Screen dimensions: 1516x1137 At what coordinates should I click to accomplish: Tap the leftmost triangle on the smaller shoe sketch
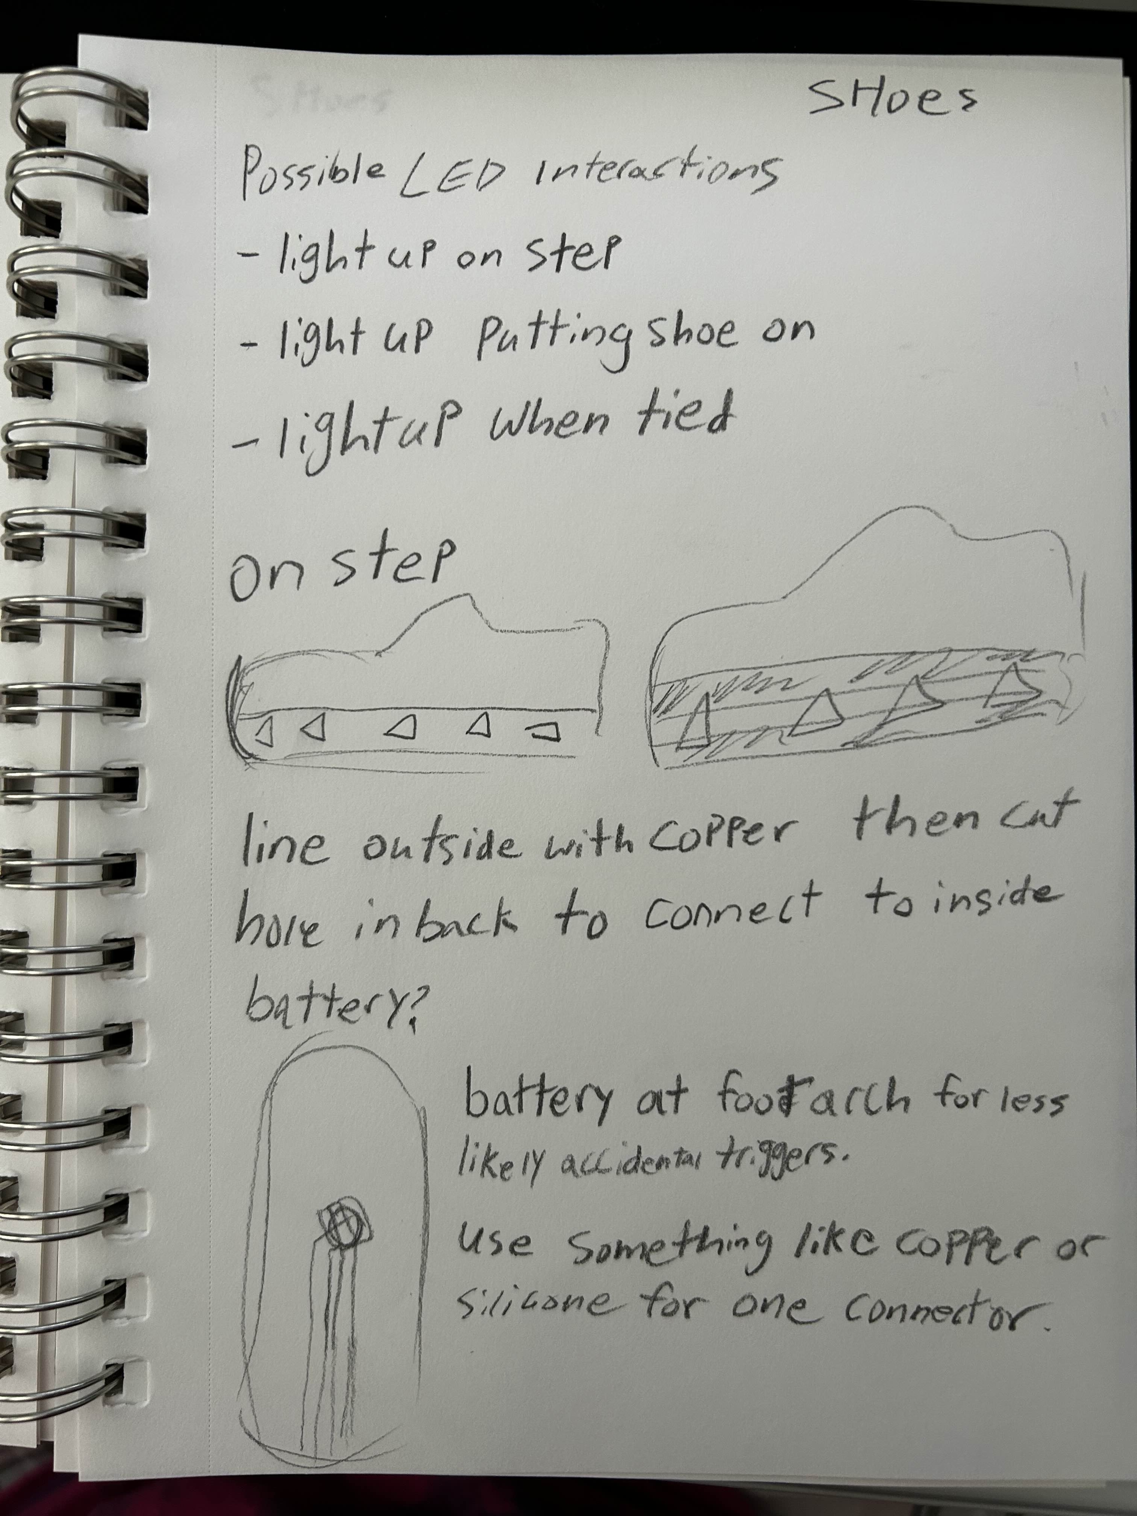pos(266,733)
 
